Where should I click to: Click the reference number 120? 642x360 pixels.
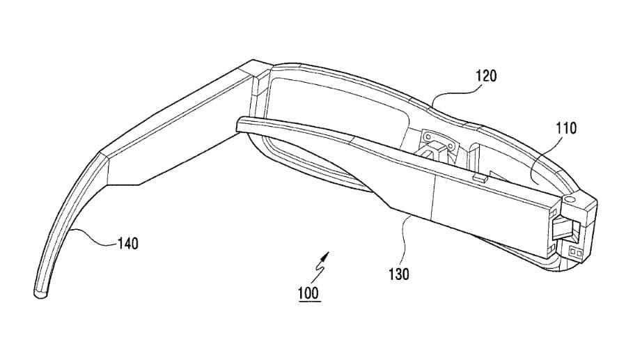pyautogui.click(x=486, y=76)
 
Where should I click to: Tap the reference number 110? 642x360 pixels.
pyautogui.click(x=566, y=129)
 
